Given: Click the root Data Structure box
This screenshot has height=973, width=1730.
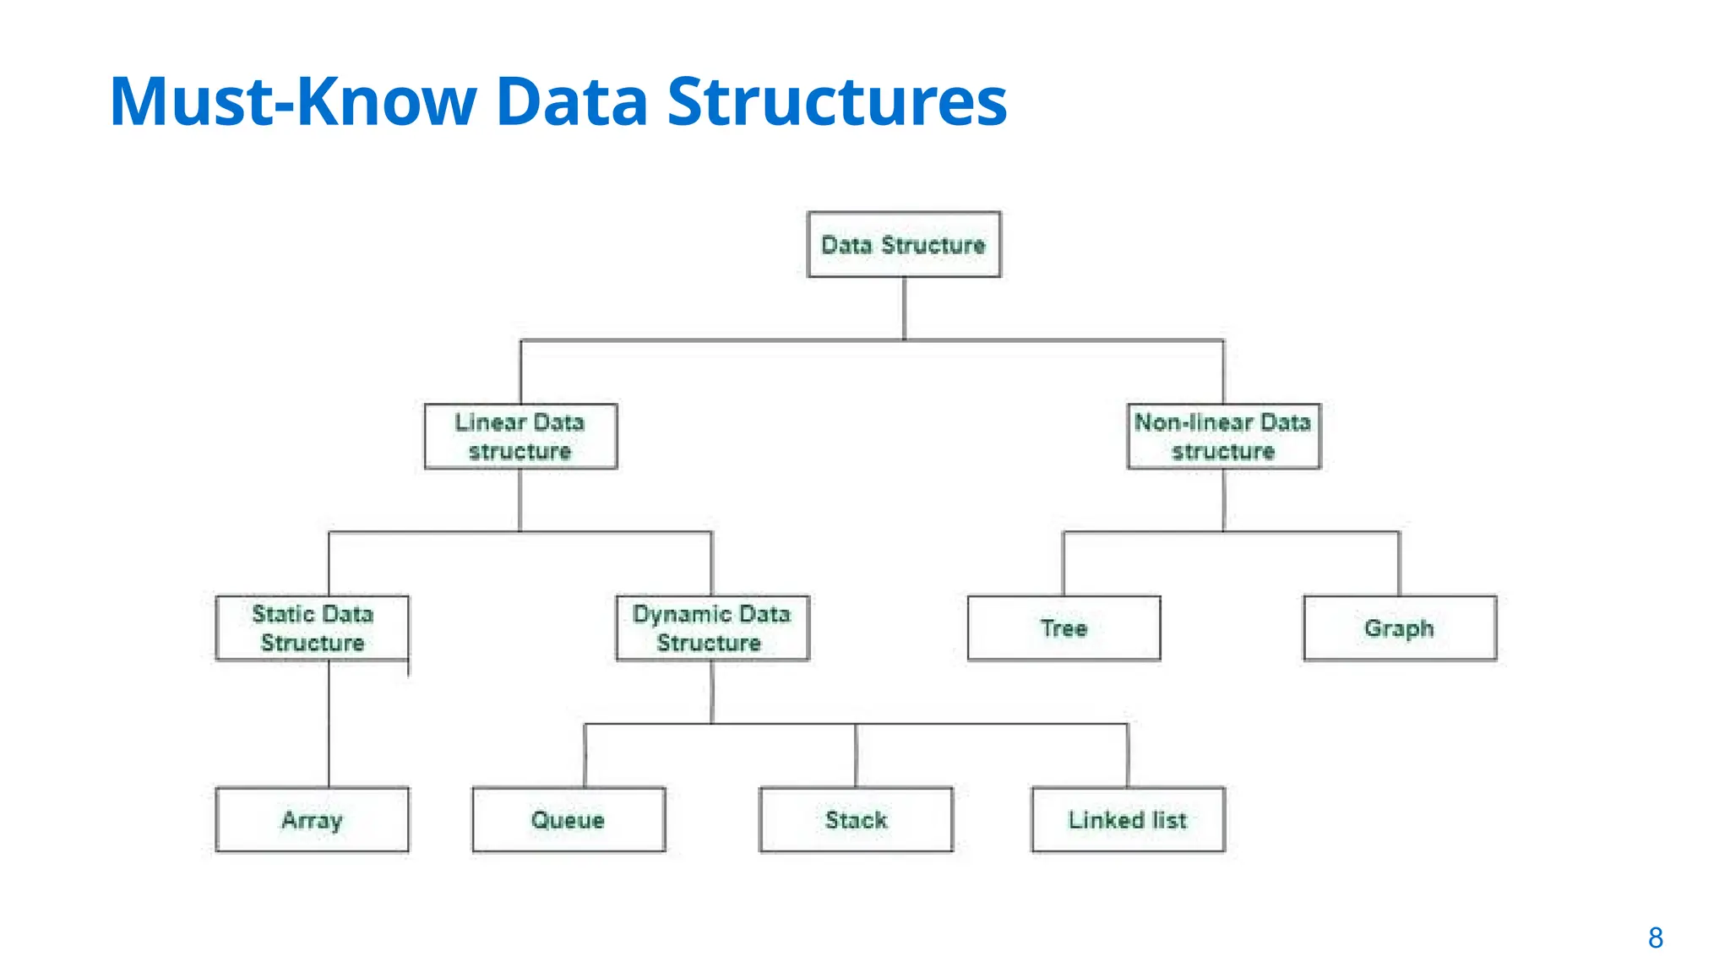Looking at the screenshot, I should [x=904, y=245].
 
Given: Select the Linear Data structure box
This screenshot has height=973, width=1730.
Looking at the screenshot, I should [x=520, y=437].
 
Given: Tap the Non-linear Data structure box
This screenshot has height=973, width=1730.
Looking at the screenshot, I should [x=1223, y=437].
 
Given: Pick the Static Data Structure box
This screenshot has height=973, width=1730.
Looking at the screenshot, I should [x=312, y=628].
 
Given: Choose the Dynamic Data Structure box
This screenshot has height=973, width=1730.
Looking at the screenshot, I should [x=712, y=628].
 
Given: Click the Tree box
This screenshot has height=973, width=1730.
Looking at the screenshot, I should [x=1064, y=628].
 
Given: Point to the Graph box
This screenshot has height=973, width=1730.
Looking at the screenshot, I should [x=1400, y=628].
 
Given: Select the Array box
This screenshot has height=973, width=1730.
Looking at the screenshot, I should [x=312, y=819].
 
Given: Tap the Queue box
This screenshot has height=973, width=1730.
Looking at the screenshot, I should [x=569, y=819].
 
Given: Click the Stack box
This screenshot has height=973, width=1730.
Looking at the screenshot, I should [x=856, y=819].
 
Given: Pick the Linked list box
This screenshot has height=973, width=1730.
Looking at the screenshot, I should [x=1128, y=819].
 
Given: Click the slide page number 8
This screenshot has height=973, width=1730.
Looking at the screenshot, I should [x=1655, y=938].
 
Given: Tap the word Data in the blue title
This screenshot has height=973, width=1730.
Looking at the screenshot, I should [x=572, y=101].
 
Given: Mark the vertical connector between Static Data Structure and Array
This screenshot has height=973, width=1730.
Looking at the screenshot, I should [x=329, y=723].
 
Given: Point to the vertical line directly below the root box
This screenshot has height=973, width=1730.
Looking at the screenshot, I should [x=904, y=308].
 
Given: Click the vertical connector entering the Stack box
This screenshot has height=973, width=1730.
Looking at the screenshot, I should [x=856, y=755].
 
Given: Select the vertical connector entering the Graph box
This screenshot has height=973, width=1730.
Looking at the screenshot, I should [x=1399, y=563].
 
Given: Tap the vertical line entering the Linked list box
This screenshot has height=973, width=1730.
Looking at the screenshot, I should [x=1128, y=755].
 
